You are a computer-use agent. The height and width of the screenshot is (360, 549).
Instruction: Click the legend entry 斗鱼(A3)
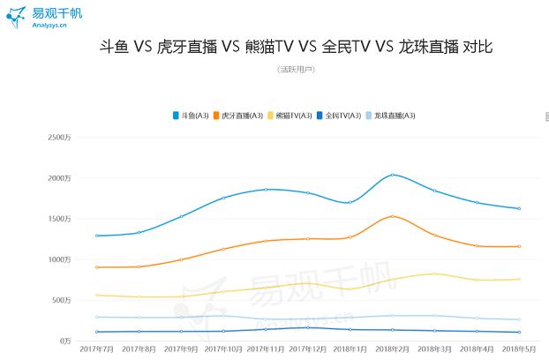(193, 116)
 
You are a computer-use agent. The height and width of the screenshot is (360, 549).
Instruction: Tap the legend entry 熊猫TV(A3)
(293, 116)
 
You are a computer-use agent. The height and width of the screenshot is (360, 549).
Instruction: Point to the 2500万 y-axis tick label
(59, 138)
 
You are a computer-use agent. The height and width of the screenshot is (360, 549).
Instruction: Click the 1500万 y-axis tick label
(59, 219)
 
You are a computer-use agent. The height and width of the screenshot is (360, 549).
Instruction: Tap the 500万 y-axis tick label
(61, 300)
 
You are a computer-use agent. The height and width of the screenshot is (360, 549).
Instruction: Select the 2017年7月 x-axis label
(95, 350)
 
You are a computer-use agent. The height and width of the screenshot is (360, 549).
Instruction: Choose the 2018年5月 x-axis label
(519, 350)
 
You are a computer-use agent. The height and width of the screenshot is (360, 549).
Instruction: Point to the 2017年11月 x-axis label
(265, 350)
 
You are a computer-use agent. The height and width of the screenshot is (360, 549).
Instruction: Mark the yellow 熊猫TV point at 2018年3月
(434, 274)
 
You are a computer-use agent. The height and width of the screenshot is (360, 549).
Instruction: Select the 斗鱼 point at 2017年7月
(95, 236)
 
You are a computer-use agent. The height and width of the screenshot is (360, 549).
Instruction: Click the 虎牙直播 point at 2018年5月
(519, 246)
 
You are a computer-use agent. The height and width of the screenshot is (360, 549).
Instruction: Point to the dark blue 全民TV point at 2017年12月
(307, 327)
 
